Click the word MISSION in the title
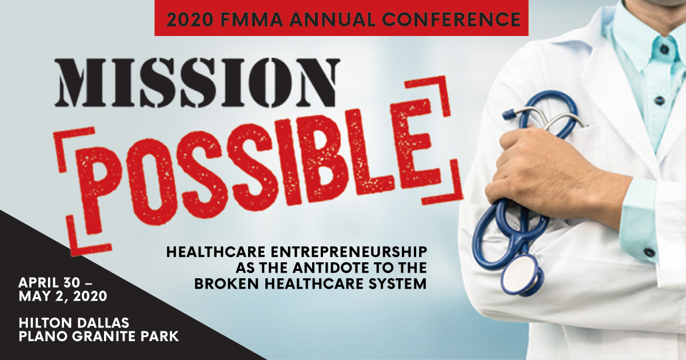pyautogui.click(x=197, y=83)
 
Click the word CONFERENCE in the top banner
pyautogui.click(x=451, y=19)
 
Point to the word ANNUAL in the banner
pyautogui.click(x=333, y=19)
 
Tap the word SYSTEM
pyautogui.click(x=397, y=284)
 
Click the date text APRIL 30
pyautogui.click(x=49, y=283)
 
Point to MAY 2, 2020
pyautogui.click(x=63, y=297)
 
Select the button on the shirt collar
pyautogui.click(x=664, y=49)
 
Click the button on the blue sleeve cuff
pyautogui.click(x=648, y=252)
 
